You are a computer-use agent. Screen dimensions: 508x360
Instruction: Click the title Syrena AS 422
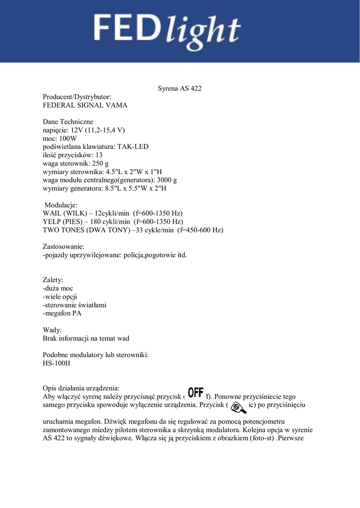point(179,89)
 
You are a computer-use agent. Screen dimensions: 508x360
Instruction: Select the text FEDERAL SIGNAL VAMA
point(85,105)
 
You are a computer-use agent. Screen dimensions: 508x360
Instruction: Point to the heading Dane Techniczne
point(68,122)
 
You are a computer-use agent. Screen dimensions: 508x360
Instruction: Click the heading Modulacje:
point(61,205)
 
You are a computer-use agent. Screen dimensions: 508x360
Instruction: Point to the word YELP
point(52,221)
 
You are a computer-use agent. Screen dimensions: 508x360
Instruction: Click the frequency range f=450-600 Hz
point(200,230)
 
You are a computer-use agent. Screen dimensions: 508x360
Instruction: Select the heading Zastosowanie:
point(64,246)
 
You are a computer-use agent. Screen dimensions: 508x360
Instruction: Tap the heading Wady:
point(53,330)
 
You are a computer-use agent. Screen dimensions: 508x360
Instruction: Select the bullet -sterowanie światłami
point(75,305)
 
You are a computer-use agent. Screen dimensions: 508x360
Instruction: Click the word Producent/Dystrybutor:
point(77,97)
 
